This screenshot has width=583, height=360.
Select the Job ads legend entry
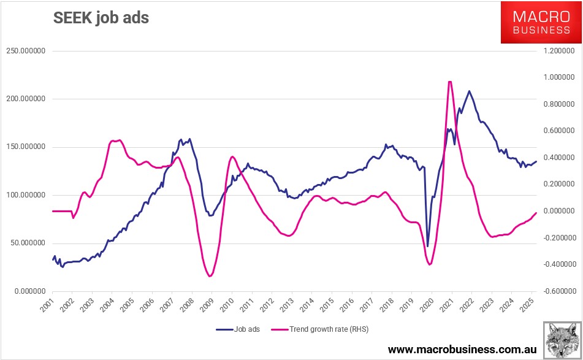click(238, 329)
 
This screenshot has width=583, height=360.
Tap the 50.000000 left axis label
click(27, 243)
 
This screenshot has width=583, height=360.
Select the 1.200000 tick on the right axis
click(555, 51)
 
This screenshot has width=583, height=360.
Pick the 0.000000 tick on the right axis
click(555, 211)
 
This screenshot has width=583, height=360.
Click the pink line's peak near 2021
click(451, 82)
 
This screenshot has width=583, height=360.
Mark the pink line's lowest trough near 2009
click(210, 276)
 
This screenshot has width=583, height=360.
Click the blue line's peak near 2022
click(470, 91)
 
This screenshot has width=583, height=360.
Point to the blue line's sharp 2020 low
click(427, 247)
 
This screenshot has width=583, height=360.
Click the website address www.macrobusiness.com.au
click(462, 349)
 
